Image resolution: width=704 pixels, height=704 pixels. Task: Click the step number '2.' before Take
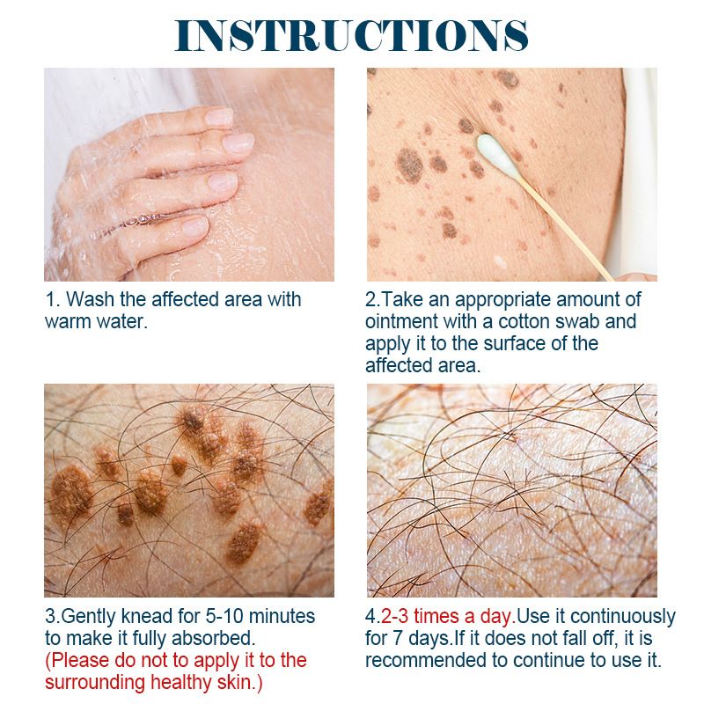click(372, 300)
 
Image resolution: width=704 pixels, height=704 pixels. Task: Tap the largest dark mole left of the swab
click(408, 164)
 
